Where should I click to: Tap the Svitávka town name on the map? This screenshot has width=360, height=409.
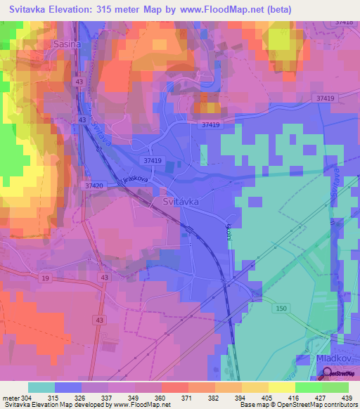pos(181,201)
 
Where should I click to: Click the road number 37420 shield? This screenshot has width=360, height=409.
pos(93,186)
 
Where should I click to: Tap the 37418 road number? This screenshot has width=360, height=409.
pos(345,22)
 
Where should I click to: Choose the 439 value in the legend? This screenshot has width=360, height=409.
pos(346,398)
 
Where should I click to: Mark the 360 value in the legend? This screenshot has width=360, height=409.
pos(160,398)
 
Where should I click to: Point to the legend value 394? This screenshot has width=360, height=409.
pos(240,398)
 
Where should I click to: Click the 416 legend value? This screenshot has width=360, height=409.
pos(292,398)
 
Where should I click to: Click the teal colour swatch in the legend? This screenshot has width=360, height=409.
pos(41,387)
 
